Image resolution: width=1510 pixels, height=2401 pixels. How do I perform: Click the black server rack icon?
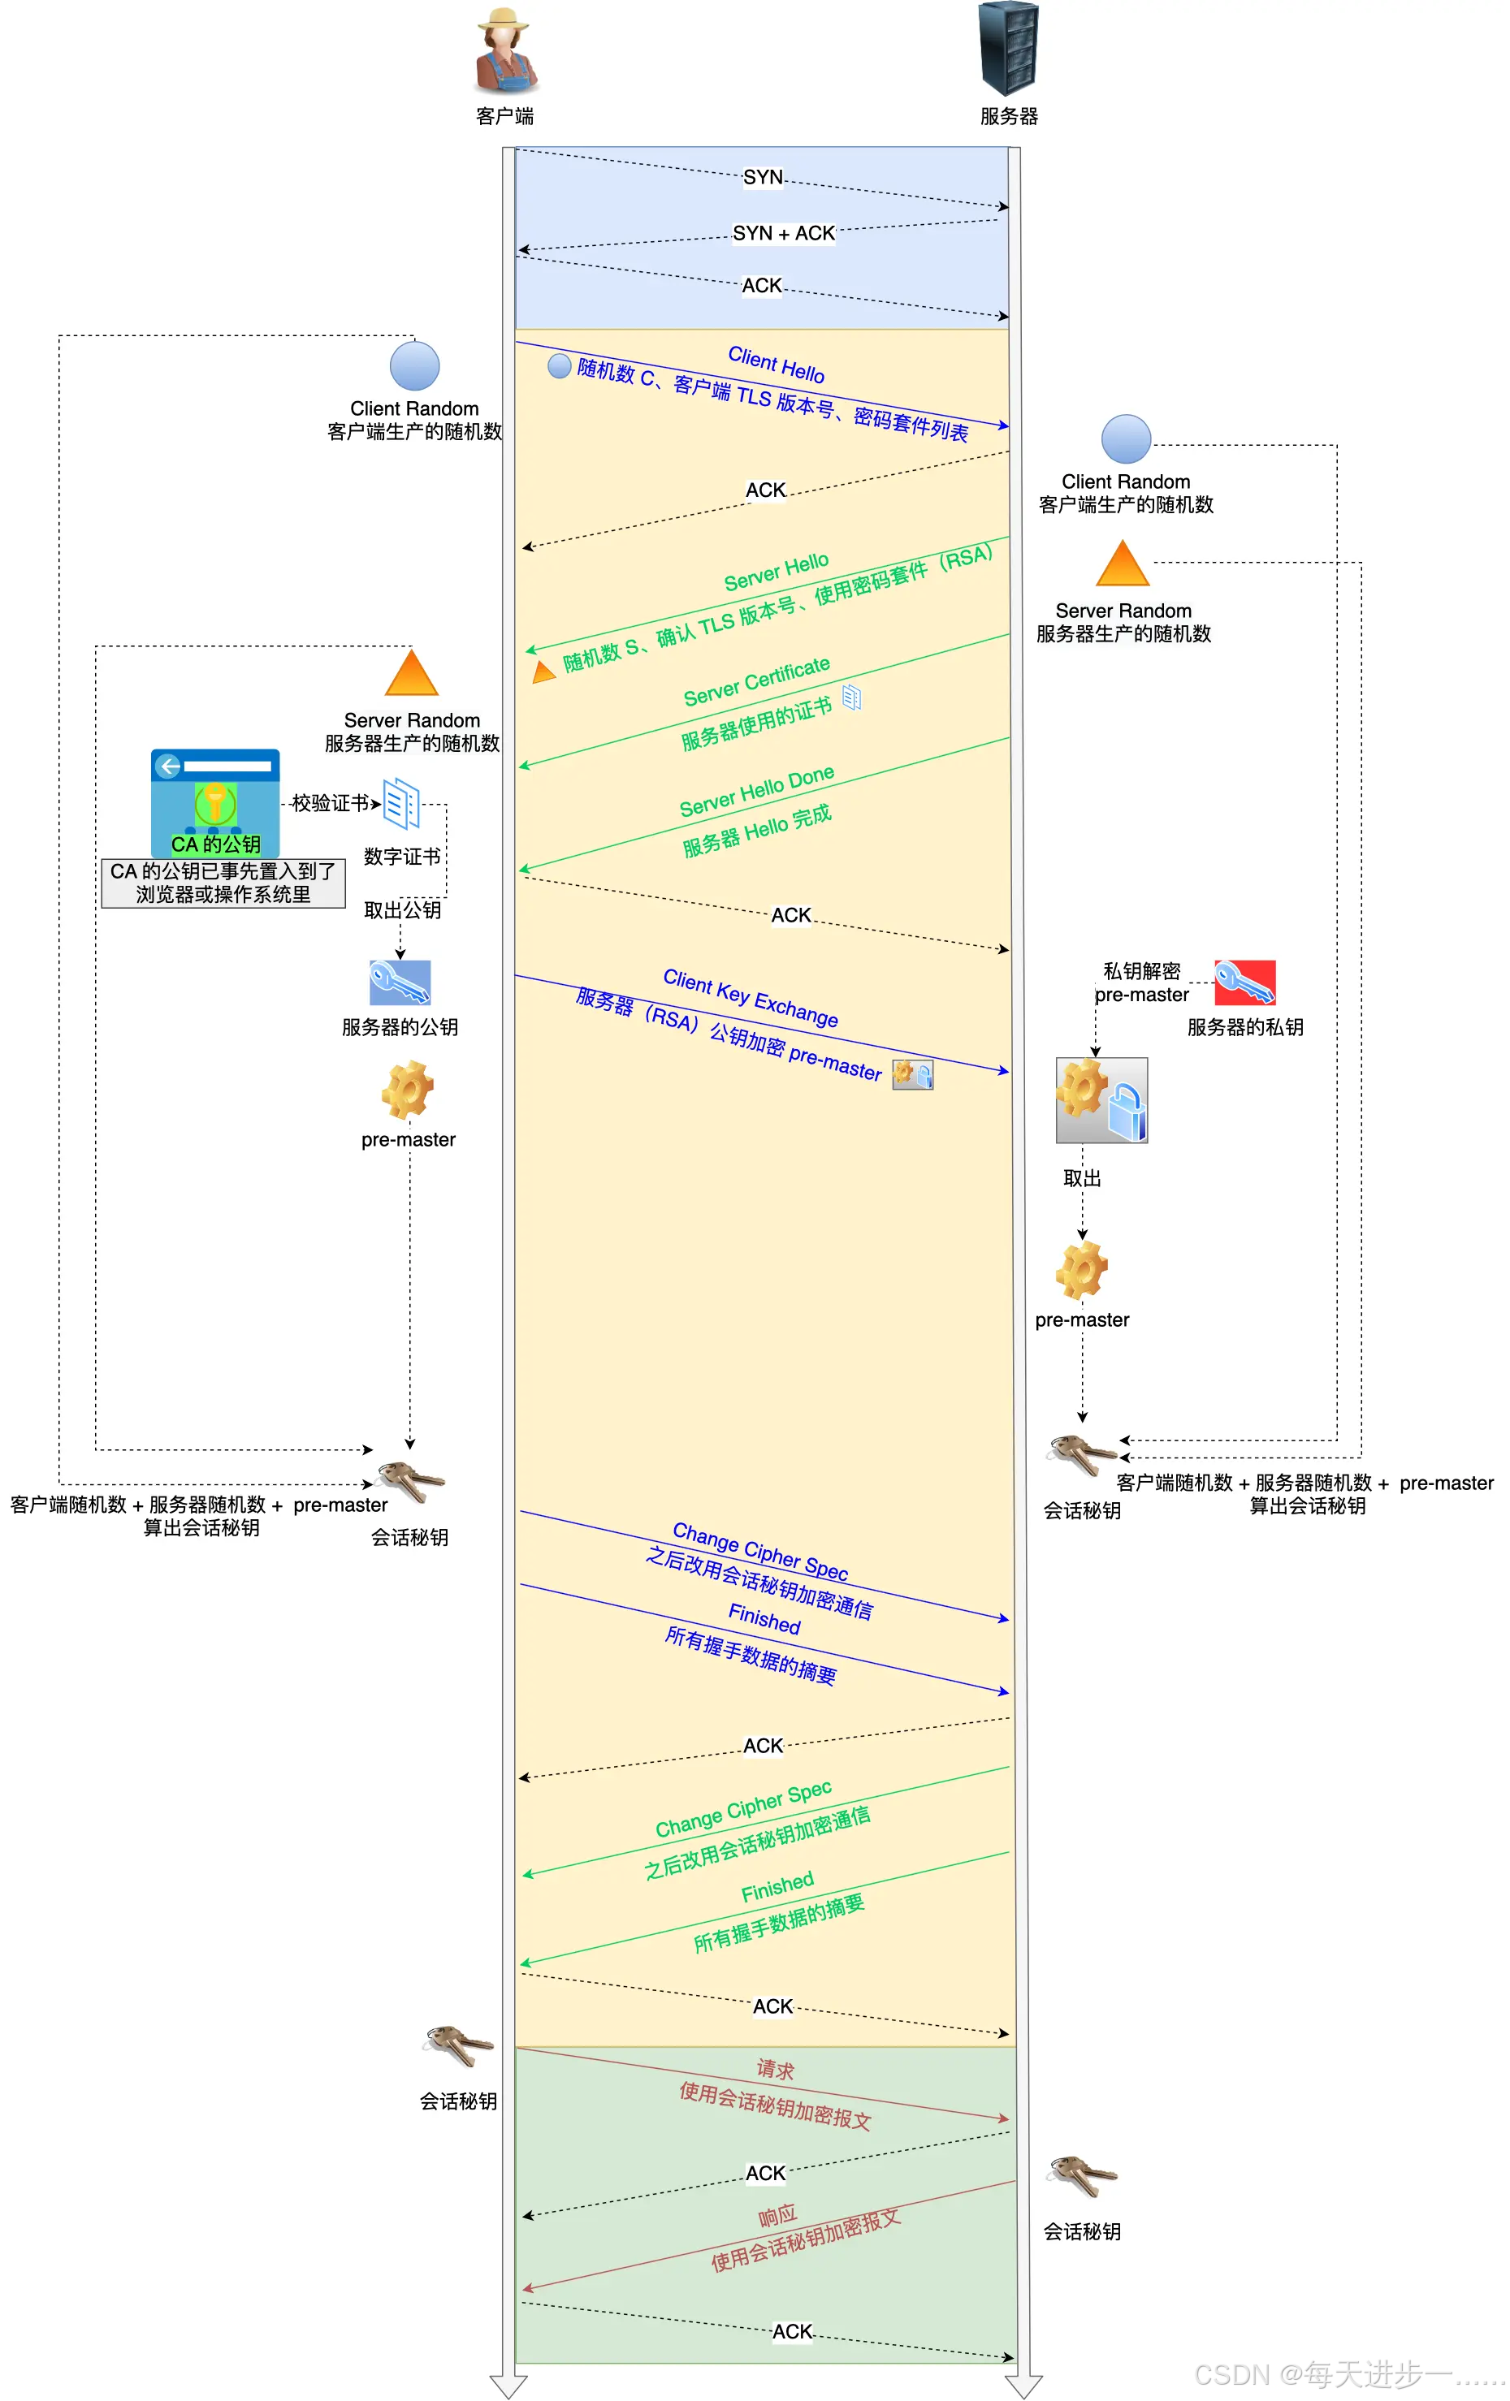point(1008,47)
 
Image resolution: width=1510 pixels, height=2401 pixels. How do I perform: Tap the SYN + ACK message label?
point(783,233)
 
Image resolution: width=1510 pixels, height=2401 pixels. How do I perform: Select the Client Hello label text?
point(776,365)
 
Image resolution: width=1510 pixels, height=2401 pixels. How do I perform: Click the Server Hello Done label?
point(756,791)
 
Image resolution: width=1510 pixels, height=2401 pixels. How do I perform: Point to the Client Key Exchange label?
point(750,997)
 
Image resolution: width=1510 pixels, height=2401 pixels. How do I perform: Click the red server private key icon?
point(1244,982)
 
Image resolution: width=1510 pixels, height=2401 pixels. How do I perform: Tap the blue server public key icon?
point(400,982)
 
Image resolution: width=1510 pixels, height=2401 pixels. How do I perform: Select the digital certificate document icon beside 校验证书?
point(401,804)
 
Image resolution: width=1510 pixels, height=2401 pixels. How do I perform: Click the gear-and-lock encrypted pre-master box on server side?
point(1101,1099)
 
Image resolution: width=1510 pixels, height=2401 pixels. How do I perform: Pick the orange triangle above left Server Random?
point(411,674)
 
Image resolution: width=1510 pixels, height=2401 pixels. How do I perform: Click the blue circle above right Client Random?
point(1126,440)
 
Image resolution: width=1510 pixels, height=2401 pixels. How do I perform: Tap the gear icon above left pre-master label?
point(408,1090)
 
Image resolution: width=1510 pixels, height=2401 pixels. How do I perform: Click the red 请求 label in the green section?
point(775,2070)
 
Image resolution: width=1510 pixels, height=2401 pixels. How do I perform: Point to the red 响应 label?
point(777,2216)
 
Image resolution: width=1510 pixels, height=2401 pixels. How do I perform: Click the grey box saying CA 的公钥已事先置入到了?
point(223,883)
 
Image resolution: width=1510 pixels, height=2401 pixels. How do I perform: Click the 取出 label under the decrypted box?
point(1082,1178)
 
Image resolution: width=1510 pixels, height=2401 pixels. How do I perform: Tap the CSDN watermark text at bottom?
point(1348,2374)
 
